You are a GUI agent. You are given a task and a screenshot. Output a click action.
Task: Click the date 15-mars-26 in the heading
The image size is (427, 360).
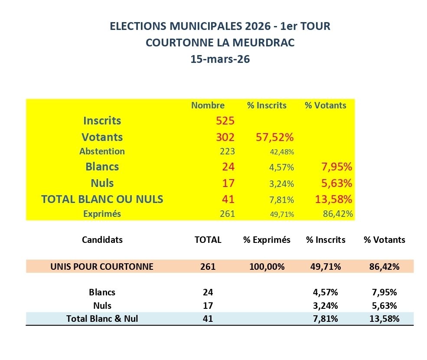[x=220, y=59]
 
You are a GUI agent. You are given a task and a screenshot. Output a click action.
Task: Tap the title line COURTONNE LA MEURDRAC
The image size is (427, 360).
[x=220, y=43]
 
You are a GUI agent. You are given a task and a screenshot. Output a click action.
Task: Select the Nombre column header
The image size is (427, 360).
[x=208, y=105]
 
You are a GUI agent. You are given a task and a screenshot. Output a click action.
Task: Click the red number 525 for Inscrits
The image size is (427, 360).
[x=225, y=121]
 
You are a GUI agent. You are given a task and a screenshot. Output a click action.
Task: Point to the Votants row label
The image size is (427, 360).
[x=102, y=137]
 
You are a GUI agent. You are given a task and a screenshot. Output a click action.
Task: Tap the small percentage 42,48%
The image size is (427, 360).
[x=283, y=152]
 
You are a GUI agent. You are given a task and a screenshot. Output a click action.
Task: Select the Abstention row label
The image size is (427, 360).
[x=102, y=151]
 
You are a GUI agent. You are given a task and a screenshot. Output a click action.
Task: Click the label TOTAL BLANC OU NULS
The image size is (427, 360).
[x=102, y=199]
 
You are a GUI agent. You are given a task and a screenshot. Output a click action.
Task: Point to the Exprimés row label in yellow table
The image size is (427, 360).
[x=102, y=214]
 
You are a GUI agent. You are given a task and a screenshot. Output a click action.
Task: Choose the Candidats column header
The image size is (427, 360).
[x=102, y=240]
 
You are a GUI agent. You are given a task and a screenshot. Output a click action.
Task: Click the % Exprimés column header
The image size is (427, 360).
[x=267, y=240]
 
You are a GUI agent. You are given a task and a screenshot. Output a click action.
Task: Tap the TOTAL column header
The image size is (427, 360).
[x=208, y=240]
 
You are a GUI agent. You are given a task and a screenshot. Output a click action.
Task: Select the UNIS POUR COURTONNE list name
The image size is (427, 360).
[x=102, y=266]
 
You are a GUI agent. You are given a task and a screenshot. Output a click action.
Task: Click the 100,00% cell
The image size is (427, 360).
[x=267, y=266]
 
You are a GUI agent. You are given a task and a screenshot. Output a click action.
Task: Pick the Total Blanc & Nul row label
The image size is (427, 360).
[x=102, y=318]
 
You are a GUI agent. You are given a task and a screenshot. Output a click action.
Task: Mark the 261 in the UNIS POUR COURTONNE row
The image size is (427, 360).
[x=208, y=266]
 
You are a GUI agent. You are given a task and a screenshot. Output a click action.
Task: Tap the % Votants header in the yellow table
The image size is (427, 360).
[x=325, y=105]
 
